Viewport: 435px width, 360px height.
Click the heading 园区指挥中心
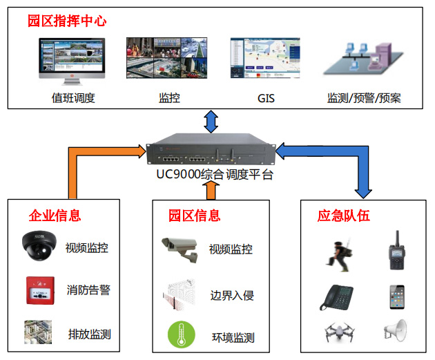(67, 21)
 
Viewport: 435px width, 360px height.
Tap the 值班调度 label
(73, 98)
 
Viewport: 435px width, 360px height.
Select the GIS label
(266, 98)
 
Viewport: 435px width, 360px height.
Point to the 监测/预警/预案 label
(364, 98)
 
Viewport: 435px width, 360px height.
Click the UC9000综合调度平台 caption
(214, 175)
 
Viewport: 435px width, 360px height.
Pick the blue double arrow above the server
(211, 122)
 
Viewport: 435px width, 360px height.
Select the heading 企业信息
(55, 215)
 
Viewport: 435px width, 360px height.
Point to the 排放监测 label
(89, 334)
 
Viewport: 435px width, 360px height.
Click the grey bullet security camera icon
(179, 248)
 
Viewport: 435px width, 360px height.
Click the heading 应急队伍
(343, 215)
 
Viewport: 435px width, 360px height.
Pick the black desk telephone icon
(337, 296)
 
